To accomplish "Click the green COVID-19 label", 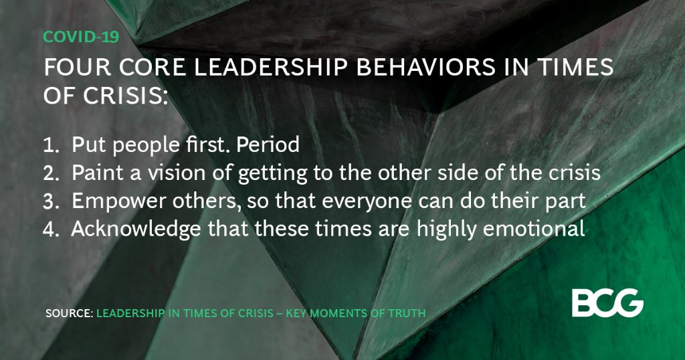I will (81, 37).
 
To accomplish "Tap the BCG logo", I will (607, 304).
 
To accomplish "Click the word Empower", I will (108, 201).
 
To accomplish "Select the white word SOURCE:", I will (70, 312).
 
